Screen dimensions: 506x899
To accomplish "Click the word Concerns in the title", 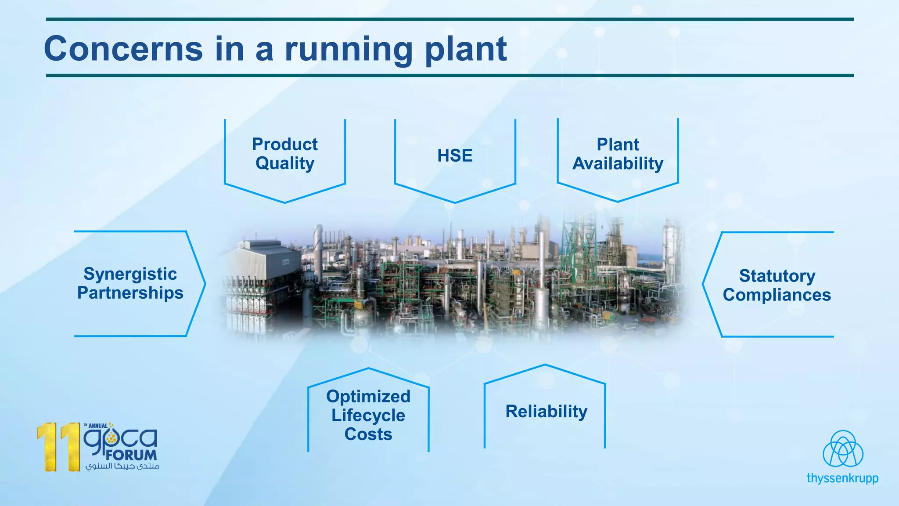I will point(123,49).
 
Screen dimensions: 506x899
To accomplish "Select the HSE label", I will point(455,155).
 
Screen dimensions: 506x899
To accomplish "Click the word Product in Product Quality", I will point(284,144).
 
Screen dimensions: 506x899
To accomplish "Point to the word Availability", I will point(618,163).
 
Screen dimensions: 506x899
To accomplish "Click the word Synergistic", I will point(130,274).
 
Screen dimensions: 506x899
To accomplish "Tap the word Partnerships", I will point(130,293).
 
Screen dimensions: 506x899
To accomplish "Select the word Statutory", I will point(777,276).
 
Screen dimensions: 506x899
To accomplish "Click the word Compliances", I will point(777,295).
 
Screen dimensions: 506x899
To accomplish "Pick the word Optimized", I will point(368,396).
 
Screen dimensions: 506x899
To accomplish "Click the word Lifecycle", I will point(368,415).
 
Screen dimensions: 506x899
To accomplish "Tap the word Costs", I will point(368,434).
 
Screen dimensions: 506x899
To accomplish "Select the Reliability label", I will point(546,412).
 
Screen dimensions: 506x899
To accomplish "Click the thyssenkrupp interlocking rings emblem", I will point(842,449).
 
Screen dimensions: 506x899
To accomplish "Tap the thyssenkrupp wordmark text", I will point(842,478).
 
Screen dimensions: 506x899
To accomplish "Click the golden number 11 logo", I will point(59,447).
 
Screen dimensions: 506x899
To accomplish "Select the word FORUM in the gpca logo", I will point(131,455).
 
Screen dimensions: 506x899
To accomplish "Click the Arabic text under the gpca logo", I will point(122,466).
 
